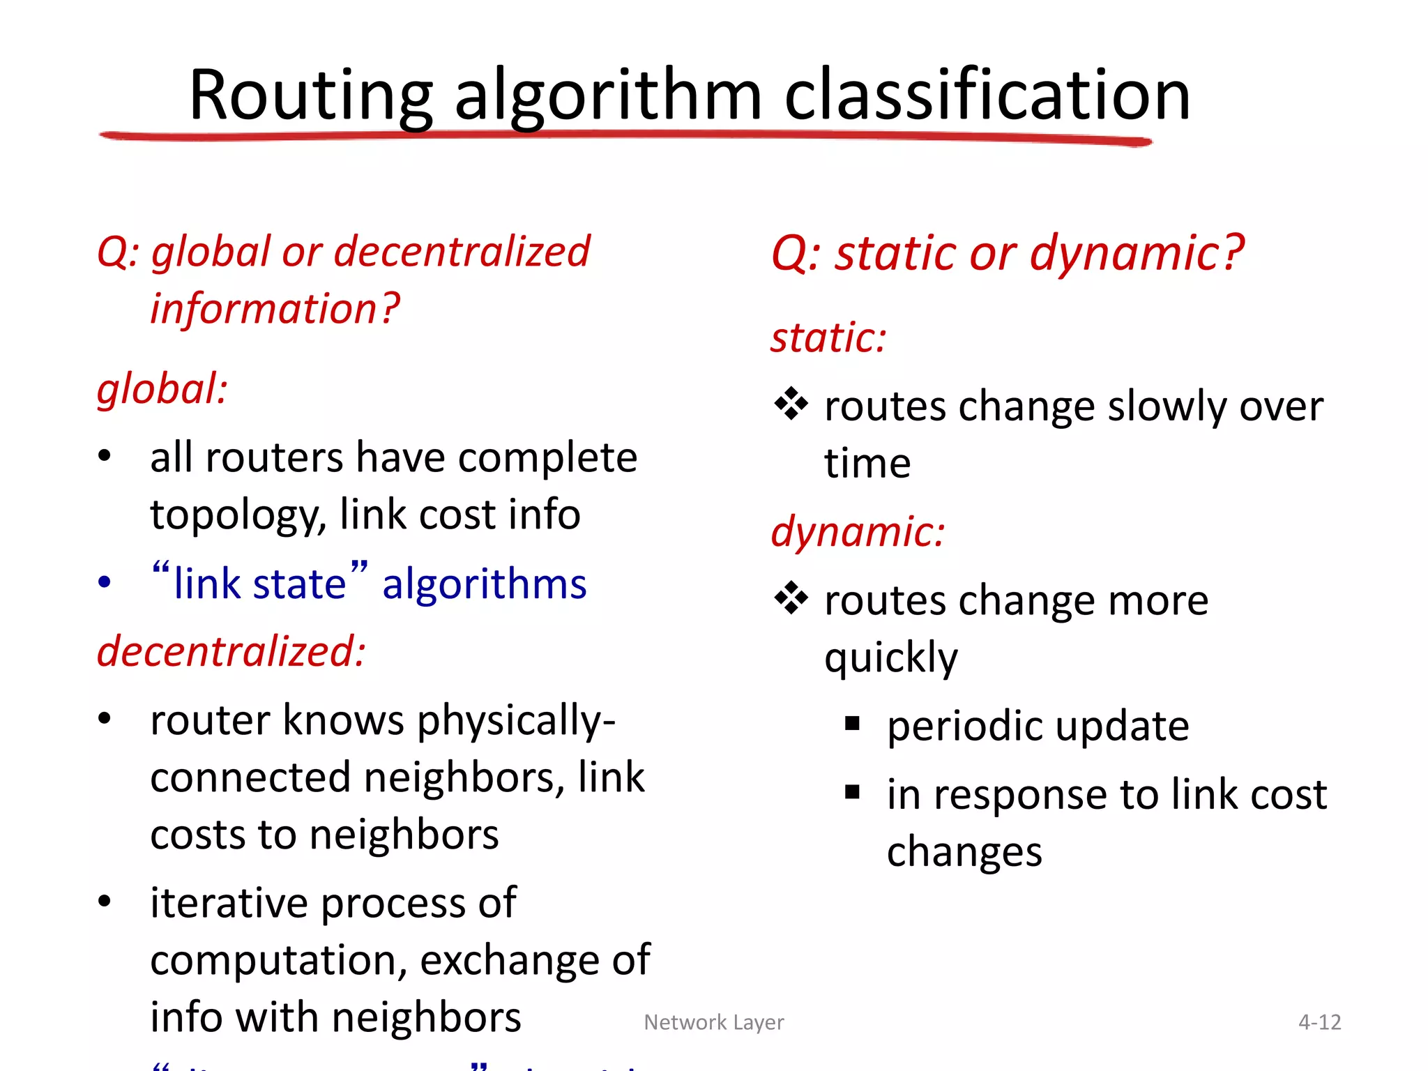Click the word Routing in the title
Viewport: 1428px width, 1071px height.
pos(311,96)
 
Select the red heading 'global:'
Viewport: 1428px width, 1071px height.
pos(162,389)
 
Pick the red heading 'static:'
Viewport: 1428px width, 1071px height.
pos(828,338)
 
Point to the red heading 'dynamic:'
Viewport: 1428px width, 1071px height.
pos(858,532)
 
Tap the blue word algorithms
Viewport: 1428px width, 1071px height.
pos(485,584)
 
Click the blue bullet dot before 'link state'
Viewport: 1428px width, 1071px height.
pos(105,582)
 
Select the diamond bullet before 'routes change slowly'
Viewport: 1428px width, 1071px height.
pos(791,404)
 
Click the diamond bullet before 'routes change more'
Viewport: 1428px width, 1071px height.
pos(791,599)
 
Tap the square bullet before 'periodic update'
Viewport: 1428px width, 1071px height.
pos(852,724)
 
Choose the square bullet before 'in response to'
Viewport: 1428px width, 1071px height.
pos(852,792)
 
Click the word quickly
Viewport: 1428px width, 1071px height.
pos(891,658)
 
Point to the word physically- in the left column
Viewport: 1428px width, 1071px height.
pos(516,720)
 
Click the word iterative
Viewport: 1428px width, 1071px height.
pos(229,903)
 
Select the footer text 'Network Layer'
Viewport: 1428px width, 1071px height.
pos(714,1022)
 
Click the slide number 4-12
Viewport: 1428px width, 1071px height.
pos(1319,1022)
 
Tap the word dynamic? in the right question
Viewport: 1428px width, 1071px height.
pos(1137,252)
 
